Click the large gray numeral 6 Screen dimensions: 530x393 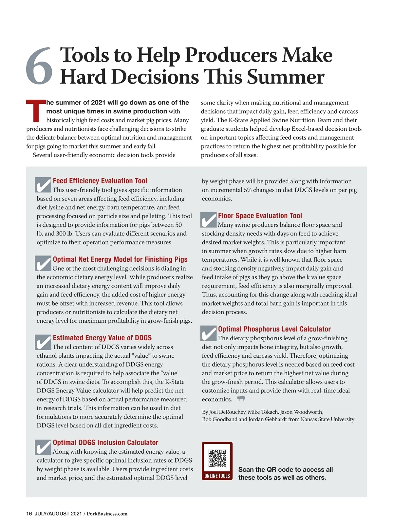39,66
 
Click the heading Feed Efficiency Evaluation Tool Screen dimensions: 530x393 100,181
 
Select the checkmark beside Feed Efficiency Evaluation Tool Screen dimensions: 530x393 43,185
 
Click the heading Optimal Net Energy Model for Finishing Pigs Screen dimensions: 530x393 120,259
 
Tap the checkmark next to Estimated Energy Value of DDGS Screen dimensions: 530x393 43,342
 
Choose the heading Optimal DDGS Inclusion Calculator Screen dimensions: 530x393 105,443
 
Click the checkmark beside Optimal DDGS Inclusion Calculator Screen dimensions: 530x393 43,447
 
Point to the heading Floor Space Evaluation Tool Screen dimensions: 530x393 260,216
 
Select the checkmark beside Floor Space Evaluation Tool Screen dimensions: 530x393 208,220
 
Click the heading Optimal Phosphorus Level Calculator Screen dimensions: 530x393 274,329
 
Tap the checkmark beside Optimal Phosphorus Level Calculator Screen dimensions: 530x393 208,333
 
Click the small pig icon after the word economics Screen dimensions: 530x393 241,399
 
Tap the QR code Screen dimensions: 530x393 217,458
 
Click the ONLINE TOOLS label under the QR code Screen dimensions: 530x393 217,476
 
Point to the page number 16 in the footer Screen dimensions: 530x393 29,514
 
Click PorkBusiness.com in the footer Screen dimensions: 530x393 107,514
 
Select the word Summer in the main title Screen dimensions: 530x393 285,77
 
